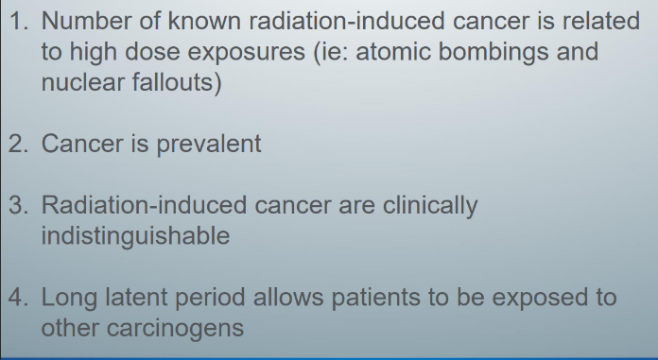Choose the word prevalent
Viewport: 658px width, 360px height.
pyautogui.click(x=208, y=145)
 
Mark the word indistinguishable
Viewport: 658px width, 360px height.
pyautogui.click(x=135, y=236)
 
